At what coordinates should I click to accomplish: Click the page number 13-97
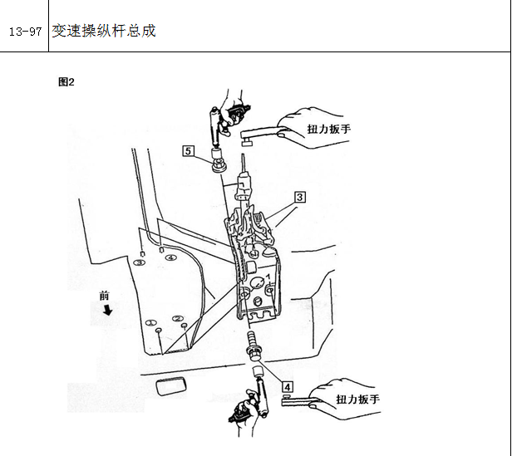point(25,32)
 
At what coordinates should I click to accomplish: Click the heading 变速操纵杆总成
point(104,31)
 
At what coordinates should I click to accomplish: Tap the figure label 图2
point(66,82)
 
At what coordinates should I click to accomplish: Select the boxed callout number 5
point(188,151)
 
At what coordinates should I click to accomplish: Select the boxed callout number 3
point(300,197)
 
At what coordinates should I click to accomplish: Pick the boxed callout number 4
point(288,387)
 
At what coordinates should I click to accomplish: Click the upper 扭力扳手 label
point(329,129)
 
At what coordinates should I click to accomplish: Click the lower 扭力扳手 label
point(358,400)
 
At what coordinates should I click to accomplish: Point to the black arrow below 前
point(107,310)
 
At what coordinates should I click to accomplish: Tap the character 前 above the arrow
point(104,296)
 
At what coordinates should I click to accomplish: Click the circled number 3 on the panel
point(140,262)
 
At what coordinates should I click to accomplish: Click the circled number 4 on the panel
point(170,257)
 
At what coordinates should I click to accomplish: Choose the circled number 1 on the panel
point(151,323)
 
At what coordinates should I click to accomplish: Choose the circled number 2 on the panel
point(178,318)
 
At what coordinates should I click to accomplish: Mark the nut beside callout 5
point(219,164)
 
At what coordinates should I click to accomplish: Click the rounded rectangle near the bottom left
point(171,386)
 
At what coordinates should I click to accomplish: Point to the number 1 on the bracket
point(268,277)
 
